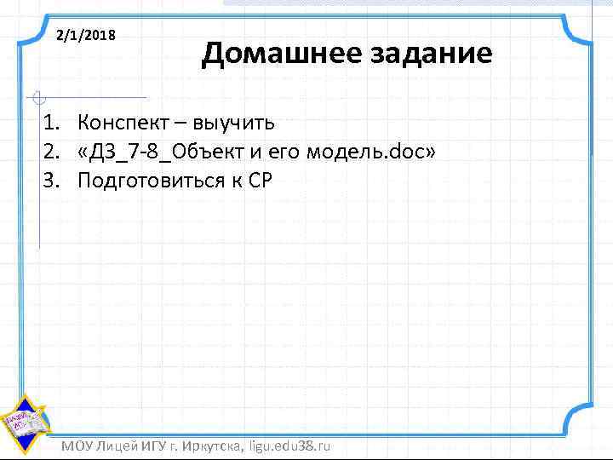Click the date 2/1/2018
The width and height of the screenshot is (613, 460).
pyautogui.click(x=86, y=37)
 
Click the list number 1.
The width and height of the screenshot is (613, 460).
pyautogui.click(x=53, y=123)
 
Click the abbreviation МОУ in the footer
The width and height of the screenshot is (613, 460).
pyautogui.click(x=79, y=446)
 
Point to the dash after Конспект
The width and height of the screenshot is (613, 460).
pyautogui.click(x=182, y=124)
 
